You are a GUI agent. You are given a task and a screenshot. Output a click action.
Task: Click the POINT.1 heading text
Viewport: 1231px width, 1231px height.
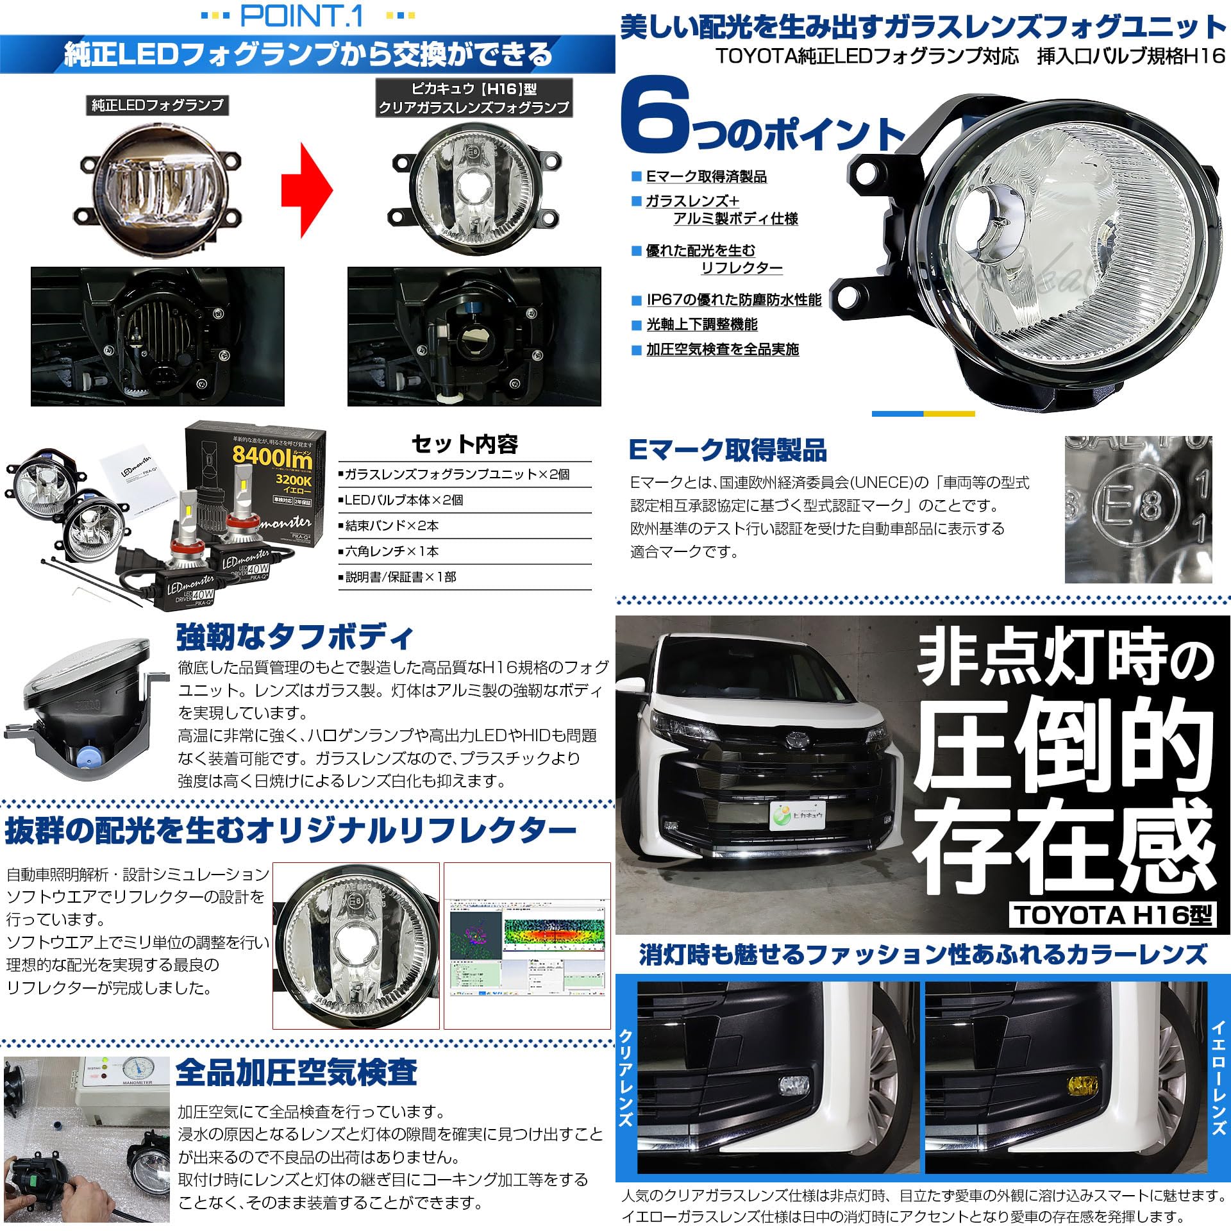point(301,17)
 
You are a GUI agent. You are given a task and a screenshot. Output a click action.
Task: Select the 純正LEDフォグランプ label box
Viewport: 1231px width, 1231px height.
point(157,105)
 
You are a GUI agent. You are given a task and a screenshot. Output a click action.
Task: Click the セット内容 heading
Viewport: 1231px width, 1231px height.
point(464,444)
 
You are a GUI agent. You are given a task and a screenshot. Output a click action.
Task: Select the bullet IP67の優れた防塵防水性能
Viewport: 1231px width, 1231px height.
point(733,300)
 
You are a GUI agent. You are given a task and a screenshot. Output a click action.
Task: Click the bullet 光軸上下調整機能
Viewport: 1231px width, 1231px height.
point(701,325)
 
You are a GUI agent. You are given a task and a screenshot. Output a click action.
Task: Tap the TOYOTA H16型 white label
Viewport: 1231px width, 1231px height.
point(1114,915)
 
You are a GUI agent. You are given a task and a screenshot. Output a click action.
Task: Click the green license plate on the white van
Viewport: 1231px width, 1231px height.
point(798,815)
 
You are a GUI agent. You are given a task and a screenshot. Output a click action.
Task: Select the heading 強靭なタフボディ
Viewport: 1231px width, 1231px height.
point(295,637)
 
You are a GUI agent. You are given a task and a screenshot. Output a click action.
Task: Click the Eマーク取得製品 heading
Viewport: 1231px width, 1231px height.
point(728,451)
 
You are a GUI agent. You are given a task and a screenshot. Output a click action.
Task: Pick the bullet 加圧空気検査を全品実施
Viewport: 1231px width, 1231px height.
point(722,350)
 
